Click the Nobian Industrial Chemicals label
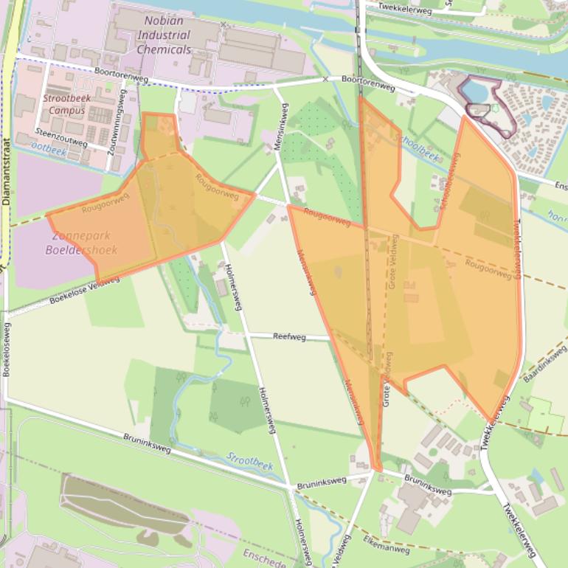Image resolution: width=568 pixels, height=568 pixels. pyautogui.click(x=163, y=35)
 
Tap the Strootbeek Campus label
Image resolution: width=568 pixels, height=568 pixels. pyautogui.click(x=67, y=104)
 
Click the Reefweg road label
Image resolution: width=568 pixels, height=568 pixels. pyautogui.click(x=289, y=336)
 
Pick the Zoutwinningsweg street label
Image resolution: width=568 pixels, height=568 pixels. pyautogui.click(x=114, y=127)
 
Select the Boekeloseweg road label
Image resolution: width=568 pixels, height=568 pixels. pyautogui.click(x=6, y=350)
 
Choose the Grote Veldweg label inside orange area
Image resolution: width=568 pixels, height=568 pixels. pyautogui.click(x=394, y=261)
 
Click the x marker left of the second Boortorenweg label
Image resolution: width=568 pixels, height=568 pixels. pyautogui.click(x=325, y=79)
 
